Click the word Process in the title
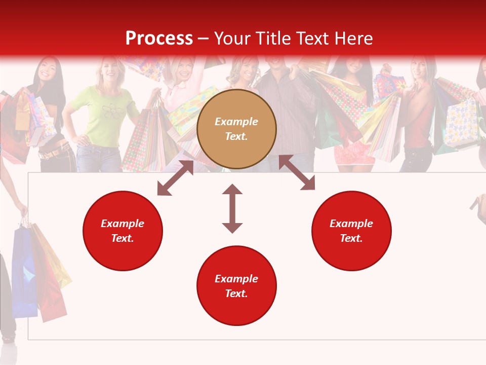159,39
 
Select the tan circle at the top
236,129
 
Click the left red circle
123,231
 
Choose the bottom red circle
236,286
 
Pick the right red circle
351,231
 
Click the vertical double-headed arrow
232,208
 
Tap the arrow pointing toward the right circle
297,173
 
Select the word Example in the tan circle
236,122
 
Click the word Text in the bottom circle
236,294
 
